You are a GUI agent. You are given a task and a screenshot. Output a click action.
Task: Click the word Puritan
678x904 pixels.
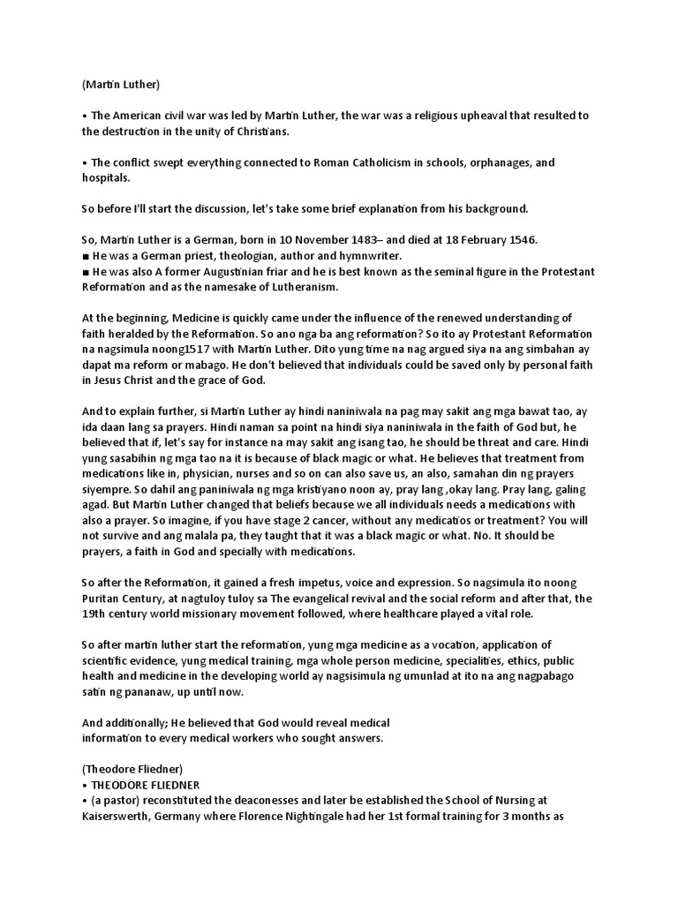(107, 599)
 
